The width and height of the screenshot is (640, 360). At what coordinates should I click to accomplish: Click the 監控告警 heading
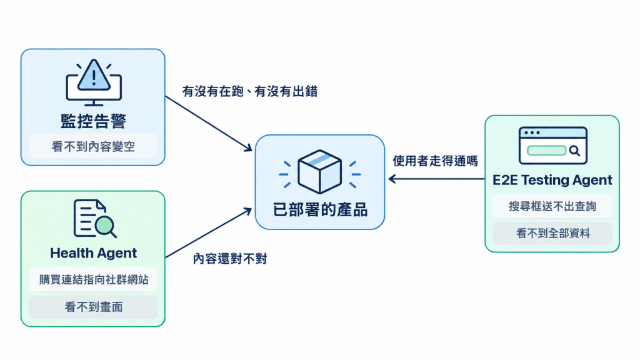tap(94, 121)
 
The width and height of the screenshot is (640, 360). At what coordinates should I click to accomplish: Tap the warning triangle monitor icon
tap(94, 83)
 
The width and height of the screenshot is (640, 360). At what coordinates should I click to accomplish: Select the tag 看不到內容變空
tap(93, 146)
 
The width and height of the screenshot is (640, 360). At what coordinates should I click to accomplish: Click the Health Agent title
tap(94, 253)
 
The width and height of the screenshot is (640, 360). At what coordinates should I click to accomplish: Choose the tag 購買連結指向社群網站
tap(93, 279)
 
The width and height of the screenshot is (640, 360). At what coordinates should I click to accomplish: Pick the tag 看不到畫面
tap(93, 307)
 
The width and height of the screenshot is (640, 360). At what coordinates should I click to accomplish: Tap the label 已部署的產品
tap(320, 210)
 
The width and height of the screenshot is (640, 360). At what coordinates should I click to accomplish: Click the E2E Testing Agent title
tap(552, 180)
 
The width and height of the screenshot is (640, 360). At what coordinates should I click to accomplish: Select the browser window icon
tap(552, 146)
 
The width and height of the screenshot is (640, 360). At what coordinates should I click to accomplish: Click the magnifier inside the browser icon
tap(575, 151)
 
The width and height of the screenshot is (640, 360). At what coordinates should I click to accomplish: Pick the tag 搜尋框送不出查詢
tap(552, 206)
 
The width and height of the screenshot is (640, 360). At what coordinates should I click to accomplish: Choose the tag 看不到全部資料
tap(552, 233)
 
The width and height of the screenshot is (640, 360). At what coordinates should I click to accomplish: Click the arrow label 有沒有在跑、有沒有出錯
tap(250, 91)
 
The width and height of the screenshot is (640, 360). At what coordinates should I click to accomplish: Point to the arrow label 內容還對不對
tap(230, 259)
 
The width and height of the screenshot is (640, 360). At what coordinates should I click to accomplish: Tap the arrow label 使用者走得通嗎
tap(435, 161)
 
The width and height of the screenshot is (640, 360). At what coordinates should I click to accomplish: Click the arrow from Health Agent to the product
tap(209, 232)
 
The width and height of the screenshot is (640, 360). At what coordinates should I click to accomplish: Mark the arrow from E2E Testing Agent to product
tap(437, 179)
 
